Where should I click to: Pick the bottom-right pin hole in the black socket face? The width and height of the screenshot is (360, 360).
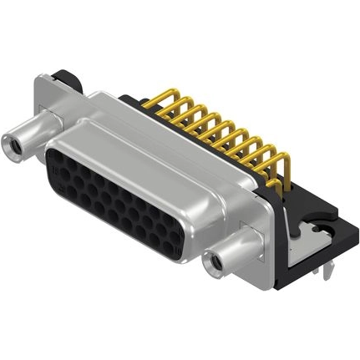click(176, 243)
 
